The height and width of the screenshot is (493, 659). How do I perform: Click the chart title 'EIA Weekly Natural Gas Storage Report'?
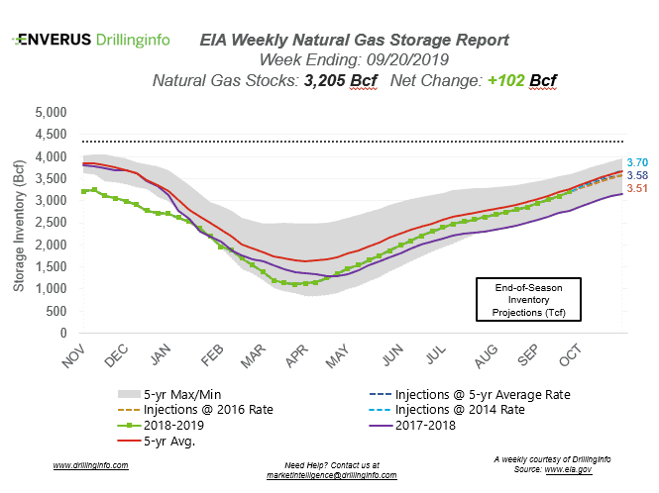coord(354,41)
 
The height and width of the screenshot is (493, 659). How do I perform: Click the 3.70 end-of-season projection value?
coord(638,161)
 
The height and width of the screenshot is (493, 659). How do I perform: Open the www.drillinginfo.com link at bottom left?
coord(88,465)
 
